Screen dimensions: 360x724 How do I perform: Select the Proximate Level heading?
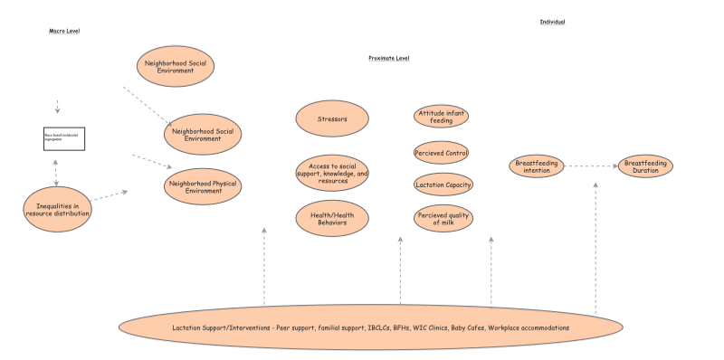(x=389, y=58)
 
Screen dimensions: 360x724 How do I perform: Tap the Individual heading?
(x=552, y=21)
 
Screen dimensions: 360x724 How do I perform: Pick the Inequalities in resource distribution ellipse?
(x=57, y=209)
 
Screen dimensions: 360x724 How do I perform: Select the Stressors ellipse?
(x=332, y=118)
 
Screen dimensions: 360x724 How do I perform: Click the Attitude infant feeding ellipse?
(x=442, y=116)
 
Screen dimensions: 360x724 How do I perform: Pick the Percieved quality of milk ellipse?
(x=442, y=217)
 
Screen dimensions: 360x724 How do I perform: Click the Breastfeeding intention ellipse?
(x=537, y=166)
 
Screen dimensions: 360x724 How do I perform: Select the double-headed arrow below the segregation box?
(x=57, y=169)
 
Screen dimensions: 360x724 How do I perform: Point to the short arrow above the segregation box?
(x=57, y=105)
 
